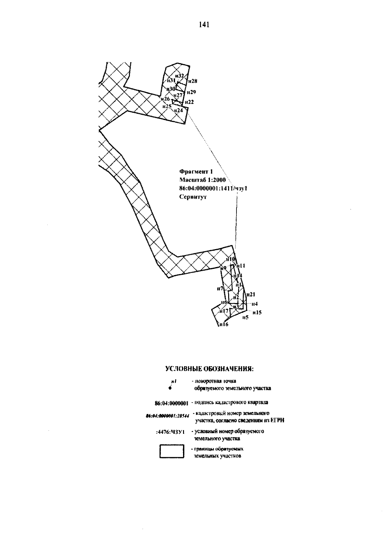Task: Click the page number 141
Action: (x=204, y=25)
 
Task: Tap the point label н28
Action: (x=193, y=81)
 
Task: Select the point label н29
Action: (x=191, y=92)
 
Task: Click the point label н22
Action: (x=189, y=102)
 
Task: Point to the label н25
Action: (x=167, y=106)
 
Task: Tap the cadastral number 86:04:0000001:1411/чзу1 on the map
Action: (x=213, y=189)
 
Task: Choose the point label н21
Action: (x=251, y=294)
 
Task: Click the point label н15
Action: (x=257, y=312)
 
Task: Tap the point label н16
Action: (x=223, y=325)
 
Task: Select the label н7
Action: (x=220, y=288)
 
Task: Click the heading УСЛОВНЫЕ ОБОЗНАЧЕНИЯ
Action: (x=209, y=369)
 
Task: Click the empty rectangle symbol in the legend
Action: (x=172, y=451)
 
